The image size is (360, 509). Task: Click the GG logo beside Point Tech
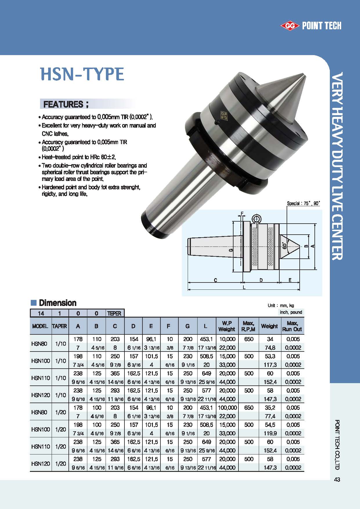tap(290, 26)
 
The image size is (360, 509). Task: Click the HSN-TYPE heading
tap(82, 74)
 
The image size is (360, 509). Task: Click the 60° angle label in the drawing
tap(285, 245)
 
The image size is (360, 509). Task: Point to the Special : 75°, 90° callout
tap(303, 203)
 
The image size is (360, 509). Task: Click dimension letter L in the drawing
tap(244, 287)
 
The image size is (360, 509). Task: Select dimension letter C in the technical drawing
tap(215, 280)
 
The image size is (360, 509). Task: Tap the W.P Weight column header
tap(227, 326)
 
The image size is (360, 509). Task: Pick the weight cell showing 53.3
tap(270, 356)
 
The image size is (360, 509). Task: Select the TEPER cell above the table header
tap(115, 313)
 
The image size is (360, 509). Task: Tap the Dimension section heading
tap(57, 303)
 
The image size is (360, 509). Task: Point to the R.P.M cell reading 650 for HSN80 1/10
tap(249, 339)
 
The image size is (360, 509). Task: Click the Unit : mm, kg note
tap(281, 305)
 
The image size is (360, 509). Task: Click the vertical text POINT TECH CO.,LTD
tap(337, 444)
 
